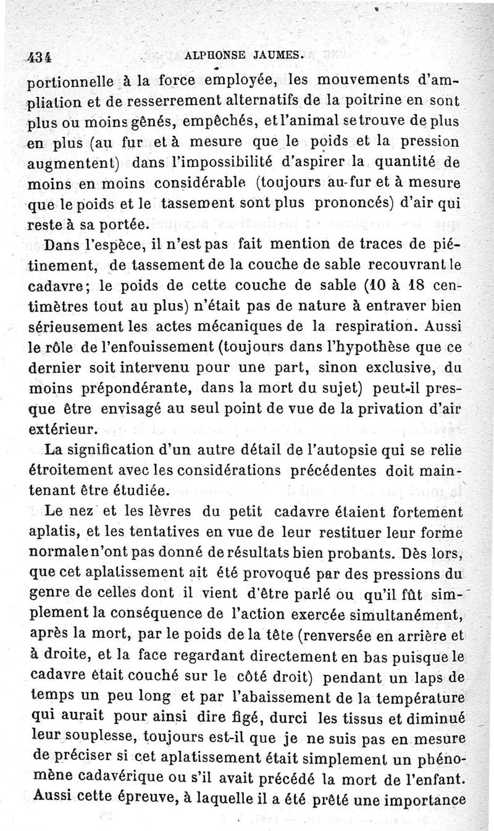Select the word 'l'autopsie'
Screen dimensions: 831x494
340,449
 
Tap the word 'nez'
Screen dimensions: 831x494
77,512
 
